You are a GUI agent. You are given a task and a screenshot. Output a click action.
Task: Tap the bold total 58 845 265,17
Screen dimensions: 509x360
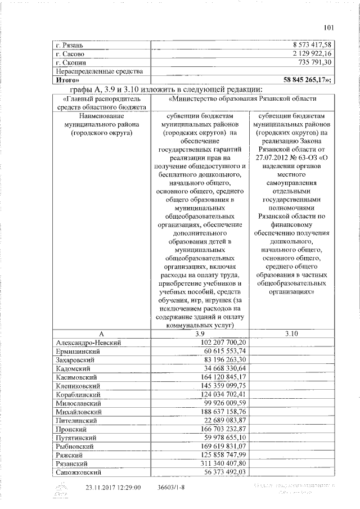[309, 80]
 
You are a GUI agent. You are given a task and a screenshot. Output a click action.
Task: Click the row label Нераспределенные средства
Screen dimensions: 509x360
[99, 71]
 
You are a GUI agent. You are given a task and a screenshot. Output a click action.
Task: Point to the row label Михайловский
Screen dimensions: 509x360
[79, 412]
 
